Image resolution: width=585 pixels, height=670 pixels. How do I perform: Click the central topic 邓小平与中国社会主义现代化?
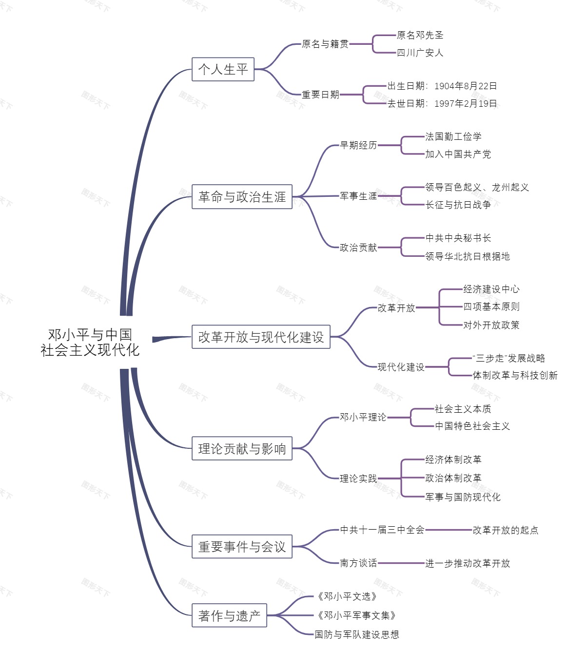90,342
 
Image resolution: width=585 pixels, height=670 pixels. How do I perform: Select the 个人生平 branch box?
223,69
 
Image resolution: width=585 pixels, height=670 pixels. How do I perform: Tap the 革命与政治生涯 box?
242,197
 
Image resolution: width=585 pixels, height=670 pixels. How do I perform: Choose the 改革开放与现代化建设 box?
261,337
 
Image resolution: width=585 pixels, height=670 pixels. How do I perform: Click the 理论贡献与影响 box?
242,448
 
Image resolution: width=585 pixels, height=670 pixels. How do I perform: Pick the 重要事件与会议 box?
242,547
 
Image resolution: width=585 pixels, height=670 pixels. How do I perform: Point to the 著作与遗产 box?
229,616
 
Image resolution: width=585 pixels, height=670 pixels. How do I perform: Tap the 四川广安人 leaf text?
420,53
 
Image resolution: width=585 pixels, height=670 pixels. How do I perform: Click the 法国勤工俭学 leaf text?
453,136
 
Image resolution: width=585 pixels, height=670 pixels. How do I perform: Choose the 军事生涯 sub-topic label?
358,196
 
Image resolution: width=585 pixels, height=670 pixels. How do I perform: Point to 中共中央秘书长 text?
458,238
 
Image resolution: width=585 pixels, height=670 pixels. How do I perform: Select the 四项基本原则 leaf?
491,306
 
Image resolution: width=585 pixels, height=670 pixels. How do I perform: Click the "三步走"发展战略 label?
508,358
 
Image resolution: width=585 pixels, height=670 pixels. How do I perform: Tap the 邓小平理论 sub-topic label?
363,417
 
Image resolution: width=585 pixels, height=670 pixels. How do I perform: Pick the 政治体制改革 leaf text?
453,478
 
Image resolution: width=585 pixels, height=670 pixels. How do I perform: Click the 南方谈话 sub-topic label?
358,563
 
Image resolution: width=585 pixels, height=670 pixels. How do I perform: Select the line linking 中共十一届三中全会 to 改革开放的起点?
448,530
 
